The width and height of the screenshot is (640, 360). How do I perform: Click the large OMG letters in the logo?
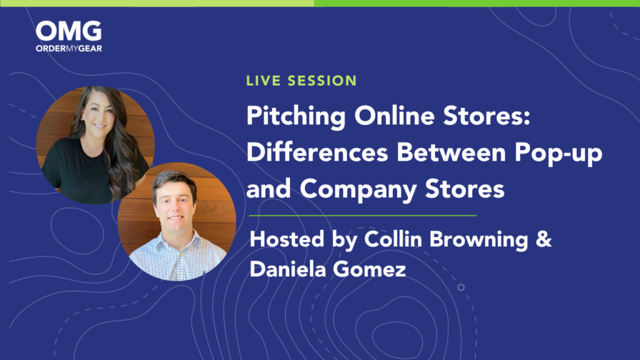pos(69,31)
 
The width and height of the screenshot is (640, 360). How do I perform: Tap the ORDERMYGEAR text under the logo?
pos(69,49)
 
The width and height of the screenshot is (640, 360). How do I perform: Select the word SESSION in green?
pos(322,81)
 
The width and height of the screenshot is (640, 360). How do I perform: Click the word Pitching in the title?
pos(296,117)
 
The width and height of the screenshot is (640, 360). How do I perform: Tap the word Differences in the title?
pos(317,152)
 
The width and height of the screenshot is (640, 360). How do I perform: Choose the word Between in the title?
pos(451,152)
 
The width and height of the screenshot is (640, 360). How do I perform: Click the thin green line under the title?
pos(363,215)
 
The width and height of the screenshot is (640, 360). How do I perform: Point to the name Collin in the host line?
pos(392,239)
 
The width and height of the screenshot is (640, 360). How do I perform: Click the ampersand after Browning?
pos(544,239)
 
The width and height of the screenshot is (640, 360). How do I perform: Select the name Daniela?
pos(287,269)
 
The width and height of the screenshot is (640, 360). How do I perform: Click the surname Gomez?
pos(369,270)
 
